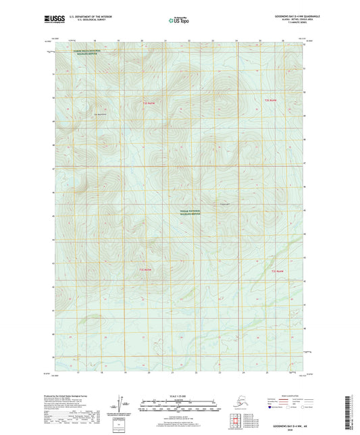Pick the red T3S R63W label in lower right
[278, 271]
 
